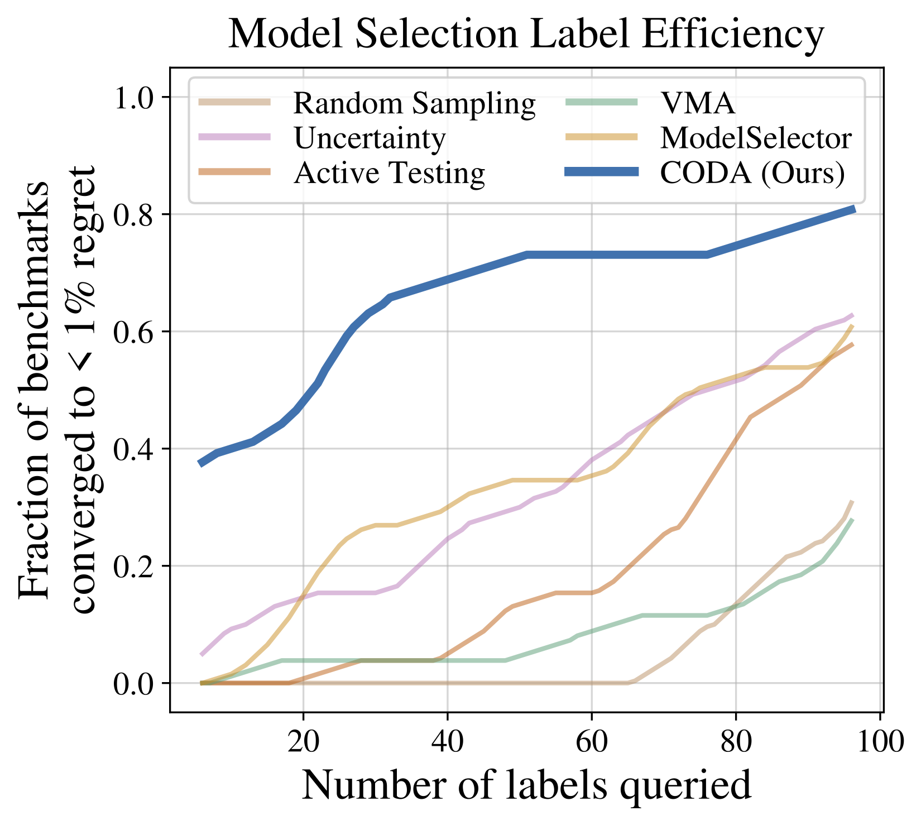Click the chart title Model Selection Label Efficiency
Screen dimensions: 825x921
tap(526, 35)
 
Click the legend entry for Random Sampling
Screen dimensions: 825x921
tap(415, 103)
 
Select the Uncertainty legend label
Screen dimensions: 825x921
tap(370, 138)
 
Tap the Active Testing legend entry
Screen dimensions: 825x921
tap(390, 173)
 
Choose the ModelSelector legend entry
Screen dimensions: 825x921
tap(756, 138)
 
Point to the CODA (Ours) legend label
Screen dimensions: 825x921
tap(752, 173)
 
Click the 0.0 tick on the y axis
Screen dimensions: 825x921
tap(135, 683)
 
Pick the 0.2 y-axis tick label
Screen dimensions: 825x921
tap(135, 566)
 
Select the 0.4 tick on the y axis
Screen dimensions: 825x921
tap(135, 449)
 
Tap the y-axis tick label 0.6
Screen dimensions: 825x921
tap(135, 332)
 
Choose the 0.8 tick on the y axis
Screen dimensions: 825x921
tap(135, 214)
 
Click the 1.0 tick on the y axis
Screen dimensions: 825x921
tap(135, 98)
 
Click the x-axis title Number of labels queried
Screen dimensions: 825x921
tap(526, 786)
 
